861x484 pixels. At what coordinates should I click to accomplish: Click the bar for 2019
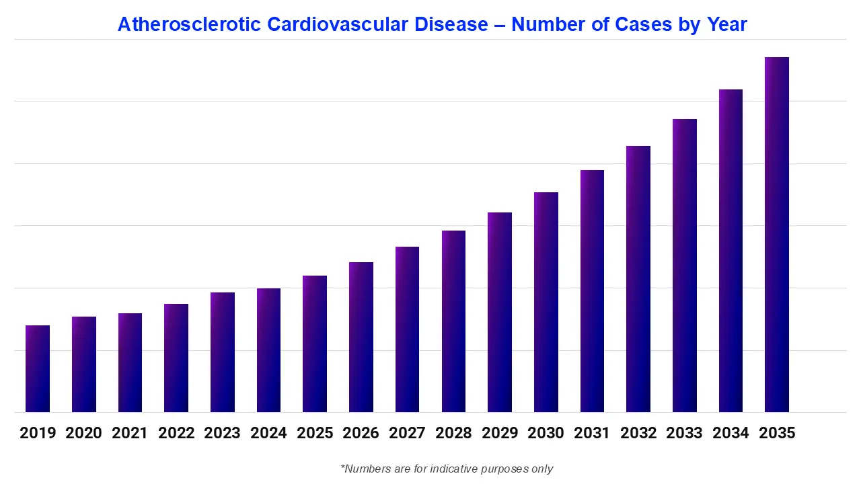[38, 368]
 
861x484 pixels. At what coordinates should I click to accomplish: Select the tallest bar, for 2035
[777, 235]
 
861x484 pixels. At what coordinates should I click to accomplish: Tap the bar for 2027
[407, 329]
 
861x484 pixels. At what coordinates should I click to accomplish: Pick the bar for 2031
[592, 291]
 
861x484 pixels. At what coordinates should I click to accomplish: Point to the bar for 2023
[223, 352]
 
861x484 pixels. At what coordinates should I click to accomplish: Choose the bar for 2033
[685, 266]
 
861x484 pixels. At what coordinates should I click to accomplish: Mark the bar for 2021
[130, 362]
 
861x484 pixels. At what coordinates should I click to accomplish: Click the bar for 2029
[500, 312]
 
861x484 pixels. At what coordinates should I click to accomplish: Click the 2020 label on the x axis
[84, 433]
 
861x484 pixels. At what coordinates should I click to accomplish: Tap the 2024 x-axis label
[268, 433]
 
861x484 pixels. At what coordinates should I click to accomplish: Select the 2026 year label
[361, 433]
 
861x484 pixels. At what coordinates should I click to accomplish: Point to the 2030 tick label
[546, 433]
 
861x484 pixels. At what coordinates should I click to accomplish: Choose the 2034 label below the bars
[731, 433]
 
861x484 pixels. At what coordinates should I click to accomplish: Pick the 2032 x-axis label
[638, 433]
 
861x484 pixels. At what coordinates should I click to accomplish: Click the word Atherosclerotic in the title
[189, 25]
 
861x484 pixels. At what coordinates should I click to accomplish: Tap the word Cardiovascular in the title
[330, 25]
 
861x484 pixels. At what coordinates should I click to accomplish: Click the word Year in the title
[726, 25]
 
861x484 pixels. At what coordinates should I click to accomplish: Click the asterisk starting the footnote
[343, 467]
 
